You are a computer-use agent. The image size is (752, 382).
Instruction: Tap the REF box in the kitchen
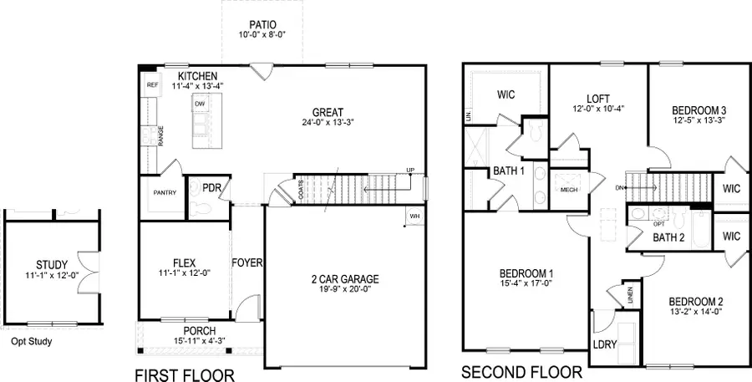152,84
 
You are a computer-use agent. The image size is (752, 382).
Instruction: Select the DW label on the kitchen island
201,104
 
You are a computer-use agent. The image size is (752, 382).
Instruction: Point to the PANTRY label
165,192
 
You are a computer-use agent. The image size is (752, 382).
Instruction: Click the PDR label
211,188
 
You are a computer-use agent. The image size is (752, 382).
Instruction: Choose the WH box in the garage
415,216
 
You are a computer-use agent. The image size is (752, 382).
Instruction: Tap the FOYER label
247,262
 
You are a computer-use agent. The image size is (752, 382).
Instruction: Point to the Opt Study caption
31,341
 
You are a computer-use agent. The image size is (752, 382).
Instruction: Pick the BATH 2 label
668,237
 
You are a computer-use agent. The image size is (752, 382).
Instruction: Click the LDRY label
603,344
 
